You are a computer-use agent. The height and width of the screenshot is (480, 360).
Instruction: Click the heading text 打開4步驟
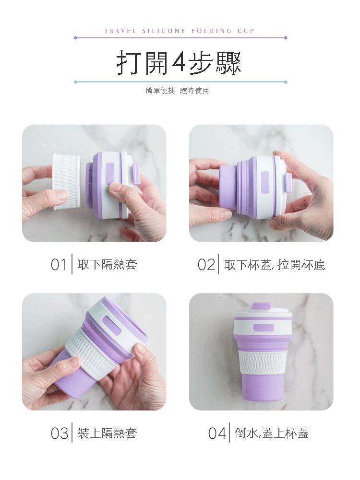[x=179, y=63]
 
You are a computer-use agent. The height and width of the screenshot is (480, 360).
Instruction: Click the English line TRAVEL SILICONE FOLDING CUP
[x=180, y=31]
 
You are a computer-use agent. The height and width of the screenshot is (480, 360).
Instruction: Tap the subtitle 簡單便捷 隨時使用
[x=177, y=91]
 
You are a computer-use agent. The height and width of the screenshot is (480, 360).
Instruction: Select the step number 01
[x=59, y=265]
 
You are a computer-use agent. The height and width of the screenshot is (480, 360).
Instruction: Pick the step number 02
[x=206, y=265]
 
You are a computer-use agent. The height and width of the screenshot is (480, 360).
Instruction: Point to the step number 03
[x=59, y=433]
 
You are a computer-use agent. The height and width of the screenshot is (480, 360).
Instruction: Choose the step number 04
[x=217, y=433]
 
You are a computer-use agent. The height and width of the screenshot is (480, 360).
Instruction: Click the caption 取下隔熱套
[x=107, y=265]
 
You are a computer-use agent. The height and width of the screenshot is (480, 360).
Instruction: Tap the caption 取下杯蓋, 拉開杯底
[x=275, y=265]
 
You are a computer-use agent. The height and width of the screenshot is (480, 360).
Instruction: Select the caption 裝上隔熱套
[x=107, y=433]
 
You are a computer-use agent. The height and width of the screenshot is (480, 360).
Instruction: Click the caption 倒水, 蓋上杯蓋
[x=272, y=433]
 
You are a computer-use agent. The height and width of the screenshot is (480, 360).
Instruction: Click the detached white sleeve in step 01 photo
[x=67, y=182]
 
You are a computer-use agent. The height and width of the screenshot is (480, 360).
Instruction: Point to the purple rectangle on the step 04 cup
[x=264, y=328]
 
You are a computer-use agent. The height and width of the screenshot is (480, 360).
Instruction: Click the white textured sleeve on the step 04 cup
[x=262, y=362]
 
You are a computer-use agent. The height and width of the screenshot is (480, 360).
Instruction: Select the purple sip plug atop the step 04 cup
[x=261, y=306]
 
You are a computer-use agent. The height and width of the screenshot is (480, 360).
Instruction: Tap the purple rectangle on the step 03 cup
[x=111, y=326]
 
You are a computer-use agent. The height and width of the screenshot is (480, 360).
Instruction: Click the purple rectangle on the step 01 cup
[x=110, y=174]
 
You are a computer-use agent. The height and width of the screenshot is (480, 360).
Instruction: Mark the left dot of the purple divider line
[x=76, y=38]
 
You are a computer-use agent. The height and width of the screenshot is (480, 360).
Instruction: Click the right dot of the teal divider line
[x=286, y=82]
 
